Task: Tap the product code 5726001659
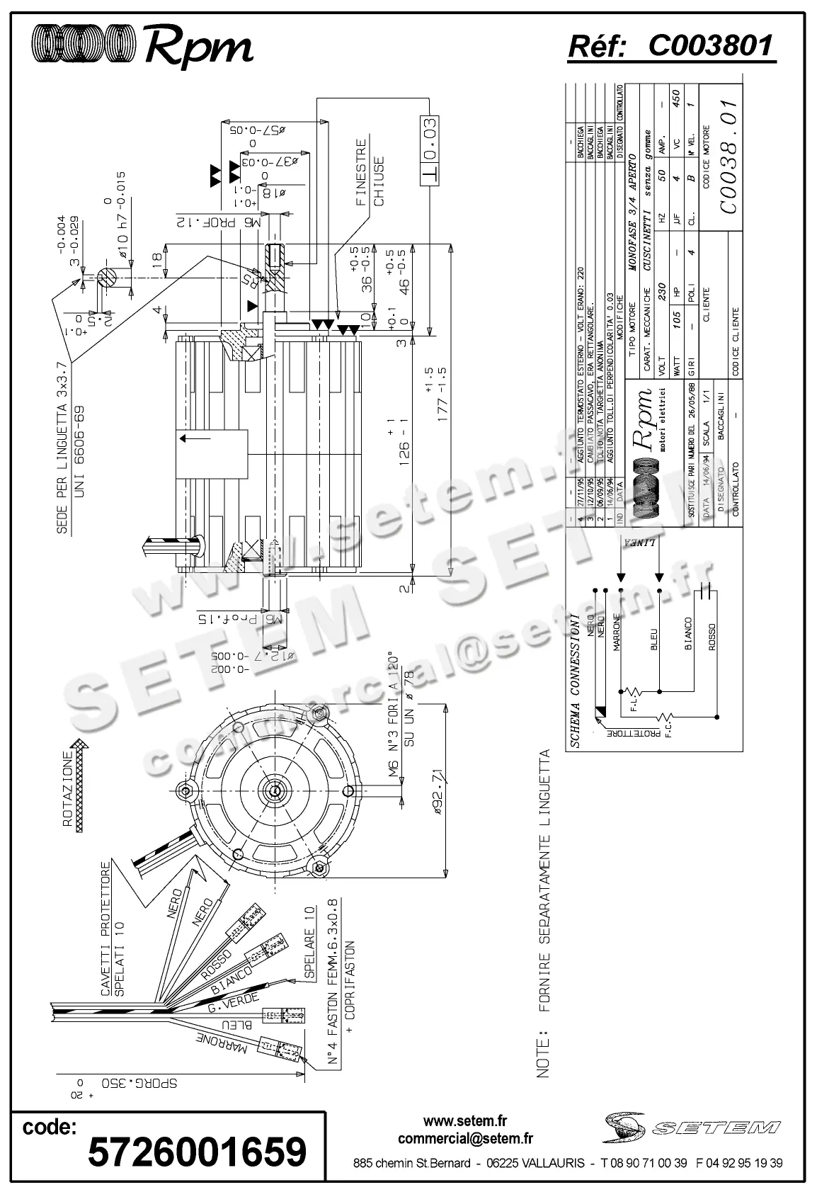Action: (197, 1151)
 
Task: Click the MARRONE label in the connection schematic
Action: (616, 632)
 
